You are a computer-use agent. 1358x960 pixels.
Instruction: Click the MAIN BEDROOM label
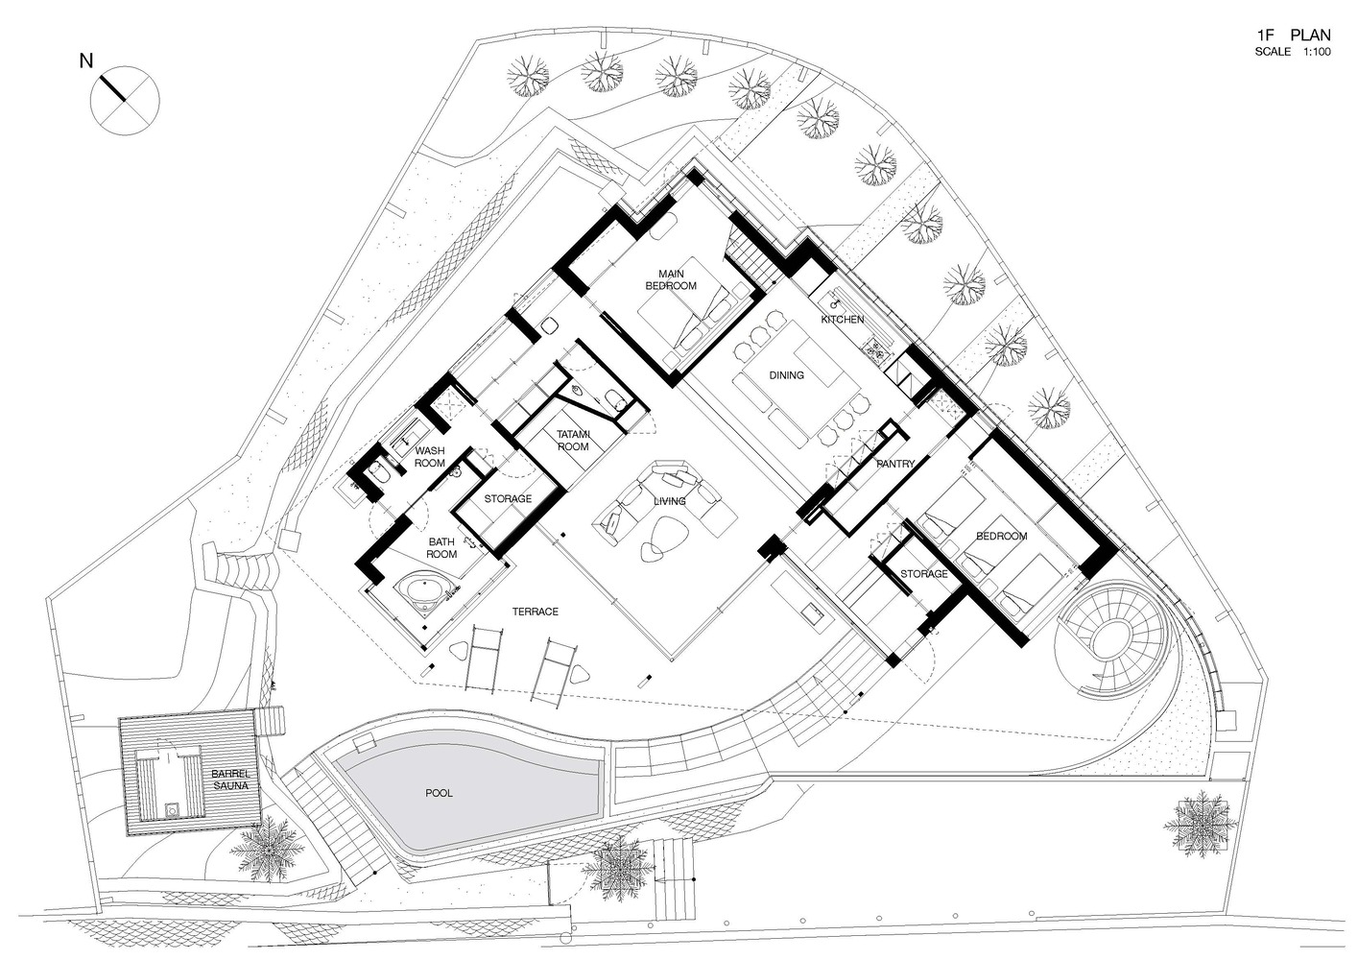tap(671, 279)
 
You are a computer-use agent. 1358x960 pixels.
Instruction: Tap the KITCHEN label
tap(842, 320)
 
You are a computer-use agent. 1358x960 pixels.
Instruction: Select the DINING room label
tap(786, 375)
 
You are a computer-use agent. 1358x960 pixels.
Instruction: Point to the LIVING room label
tap(669, 501)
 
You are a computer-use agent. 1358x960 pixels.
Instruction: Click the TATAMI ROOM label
tap(573, 441)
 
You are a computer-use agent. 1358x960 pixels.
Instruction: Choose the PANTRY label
tap(895, 464)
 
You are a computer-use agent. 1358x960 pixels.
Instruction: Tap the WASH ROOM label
tap(430, 457)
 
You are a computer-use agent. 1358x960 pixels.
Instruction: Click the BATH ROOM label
tap(441, 547)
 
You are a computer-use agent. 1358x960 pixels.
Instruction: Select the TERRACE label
tap(536, 612)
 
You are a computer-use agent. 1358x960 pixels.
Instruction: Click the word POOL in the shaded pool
tap(439, 793)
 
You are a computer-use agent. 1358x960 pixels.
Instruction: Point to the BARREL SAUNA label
tap(230, 780)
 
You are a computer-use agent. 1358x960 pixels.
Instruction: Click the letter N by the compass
tap(86, 60)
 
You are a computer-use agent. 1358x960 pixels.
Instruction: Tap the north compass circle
tap(125, 101)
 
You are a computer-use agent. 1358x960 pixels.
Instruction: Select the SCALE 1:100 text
tap(1293, 52)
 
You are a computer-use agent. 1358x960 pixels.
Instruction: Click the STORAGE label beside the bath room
tap(508, 498)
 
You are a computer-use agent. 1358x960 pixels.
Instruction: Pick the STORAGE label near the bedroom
tap(924, 574)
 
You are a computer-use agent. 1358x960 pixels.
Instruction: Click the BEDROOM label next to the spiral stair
tap(1002, 536)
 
